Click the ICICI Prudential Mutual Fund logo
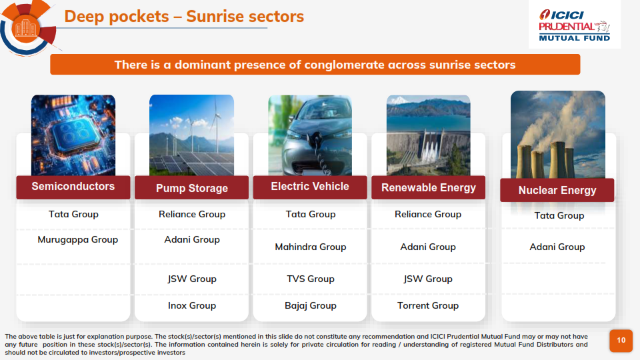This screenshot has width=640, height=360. (x=574, y=25)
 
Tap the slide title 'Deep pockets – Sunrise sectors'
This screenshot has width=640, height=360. (x=184, y=17)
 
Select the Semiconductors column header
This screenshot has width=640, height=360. (x=73, y=187)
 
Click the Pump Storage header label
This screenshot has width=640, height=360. (x=191, y=188)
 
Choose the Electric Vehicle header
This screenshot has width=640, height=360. (x=310, y=187)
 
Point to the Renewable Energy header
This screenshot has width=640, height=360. (x=428, y=188)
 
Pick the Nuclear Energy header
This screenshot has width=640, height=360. (x=557, y=190)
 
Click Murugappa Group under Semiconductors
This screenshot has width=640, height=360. (x=77, y=239)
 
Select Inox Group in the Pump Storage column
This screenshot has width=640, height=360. (x=192, y=305)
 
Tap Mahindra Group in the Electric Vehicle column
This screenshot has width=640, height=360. (x=311, y=247)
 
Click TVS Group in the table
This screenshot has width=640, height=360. (x=311, y=279)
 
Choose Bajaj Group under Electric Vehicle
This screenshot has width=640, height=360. (x=311, y=305)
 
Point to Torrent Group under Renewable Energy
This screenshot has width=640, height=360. (x=428, y=305)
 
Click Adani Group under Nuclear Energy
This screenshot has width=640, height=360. (x=557, y=247)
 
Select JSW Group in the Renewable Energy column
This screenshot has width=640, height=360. (x=428, y=279)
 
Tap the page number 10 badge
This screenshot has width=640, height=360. (x=621, y=341)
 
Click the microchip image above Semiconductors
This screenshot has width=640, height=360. (x=73, y=135)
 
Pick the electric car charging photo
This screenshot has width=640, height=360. (x=310, y=135)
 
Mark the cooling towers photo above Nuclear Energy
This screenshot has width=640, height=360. (x=558, y=135)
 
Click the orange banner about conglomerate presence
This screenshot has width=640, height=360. (x=315, y=65)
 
